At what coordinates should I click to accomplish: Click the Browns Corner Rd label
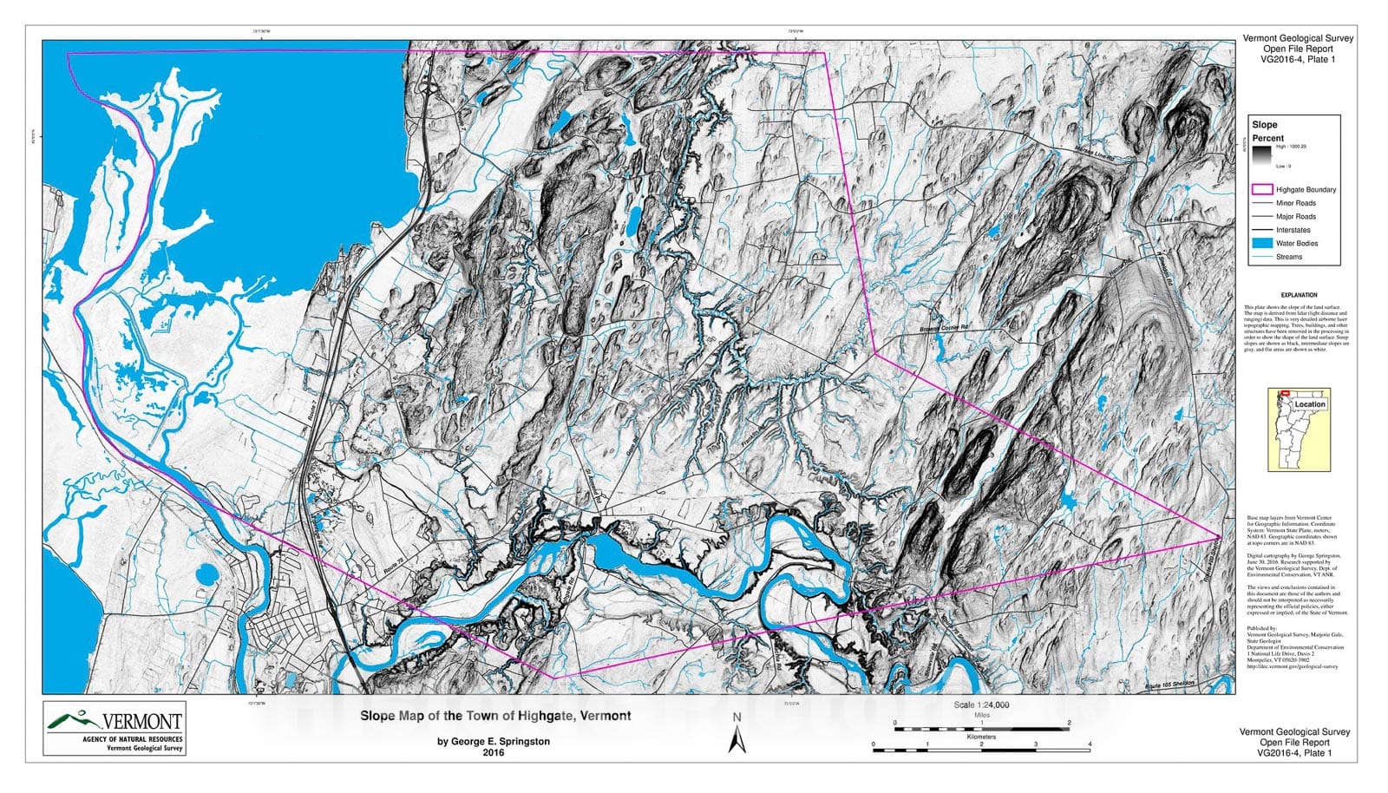[944, 328]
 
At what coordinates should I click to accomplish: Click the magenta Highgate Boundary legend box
[1261, 189]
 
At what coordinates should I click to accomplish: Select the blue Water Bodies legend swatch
[1261, 243]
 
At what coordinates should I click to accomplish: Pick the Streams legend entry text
[1289, 257]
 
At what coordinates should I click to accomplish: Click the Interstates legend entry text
[1293, 230]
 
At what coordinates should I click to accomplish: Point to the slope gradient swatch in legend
[1261, 155]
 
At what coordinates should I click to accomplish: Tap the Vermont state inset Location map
[1298, 429]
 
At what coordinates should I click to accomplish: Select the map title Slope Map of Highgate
[495, 716]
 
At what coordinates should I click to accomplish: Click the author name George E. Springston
[493, 742]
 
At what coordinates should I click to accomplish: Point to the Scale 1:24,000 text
[981, 705]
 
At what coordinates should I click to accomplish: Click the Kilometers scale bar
[981, 745]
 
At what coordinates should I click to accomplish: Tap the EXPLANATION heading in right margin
[1299, 295]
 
